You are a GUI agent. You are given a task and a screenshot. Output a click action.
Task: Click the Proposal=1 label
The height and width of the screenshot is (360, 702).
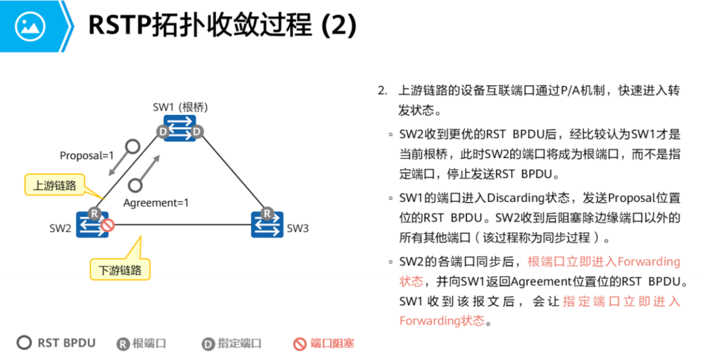click(87, 156)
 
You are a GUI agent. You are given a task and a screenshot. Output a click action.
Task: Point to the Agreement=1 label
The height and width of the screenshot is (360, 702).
click(156, 203)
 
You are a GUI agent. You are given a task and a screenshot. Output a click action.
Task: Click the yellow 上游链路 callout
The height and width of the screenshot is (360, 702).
click(54, 186)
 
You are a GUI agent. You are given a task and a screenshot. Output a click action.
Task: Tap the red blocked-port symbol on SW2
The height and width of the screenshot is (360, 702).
click(107, 225)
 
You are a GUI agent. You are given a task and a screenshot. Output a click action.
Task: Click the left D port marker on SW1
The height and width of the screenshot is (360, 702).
click(164, 132)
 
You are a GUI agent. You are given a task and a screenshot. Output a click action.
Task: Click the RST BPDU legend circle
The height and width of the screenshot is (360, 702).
click(24, 342)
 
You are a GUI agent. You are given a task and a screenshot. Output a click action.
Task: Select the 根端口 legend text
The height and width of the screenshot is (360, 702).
click(149, 344)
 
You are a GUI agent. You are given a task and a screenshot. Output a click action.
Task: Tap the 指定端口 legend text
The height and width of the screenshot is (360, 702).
click(240, 344)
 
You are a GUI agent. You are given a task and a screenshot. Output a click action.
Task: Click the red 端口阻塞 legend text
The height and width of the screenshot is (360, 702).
click(332, 344)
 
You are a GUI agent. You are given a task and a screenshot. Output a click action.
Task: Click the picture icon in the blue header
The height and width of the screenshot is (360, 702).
click(30, 26)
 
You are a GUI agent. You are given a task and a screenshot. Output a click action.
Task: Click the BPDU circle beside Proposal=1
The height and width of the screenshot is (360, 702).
click(133, 146)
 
